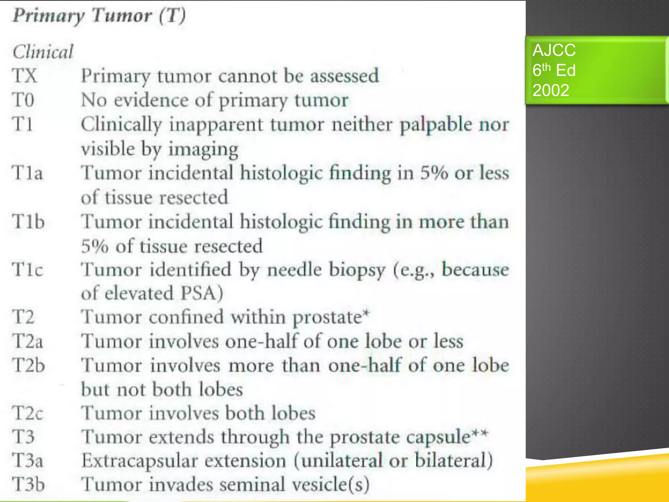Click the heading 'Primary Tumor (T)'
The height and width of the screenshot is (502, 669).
[99, 16]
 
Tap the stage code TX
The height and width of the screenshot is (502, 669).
[24, 76]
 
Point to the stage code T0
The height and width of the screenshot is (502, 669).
[23, 100]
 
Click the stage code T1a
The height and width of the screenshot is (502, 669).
[27, 173]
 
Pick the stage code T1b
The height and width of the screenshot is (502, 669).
[28, 222]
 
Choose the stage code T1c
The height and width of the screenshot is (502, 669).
[27, 270]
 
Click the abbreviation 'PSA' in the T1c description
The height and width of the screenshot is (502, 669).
[198, 293]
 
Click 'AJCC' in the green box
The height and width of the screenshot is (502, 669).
[554, 50]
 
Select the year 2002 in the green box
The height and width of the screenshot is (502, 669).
[551, 90]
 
